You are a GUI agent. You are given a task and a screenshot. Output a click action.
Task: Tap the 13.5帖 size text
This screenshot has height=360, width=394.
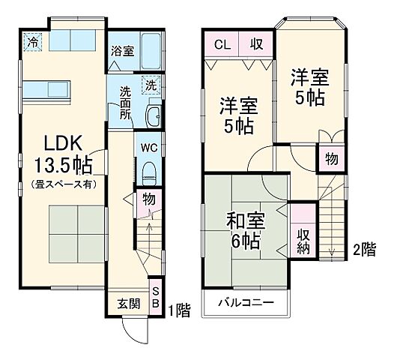tap(61, 163)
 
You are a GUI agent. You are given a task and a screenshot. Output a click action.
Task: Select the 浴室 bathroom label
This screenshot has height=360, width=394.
tap(123, 52)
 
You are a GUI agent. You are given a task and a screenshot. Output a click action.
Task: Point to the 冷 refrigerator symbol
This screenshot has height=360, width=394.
tap(31, 41)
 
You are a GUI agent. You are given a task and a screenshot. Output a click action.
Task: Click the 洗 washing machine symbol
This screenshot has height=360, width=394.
tap(152, 85)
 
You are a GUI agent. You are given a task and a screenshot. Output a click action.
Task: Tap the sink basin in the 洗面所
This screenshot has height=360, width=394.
tap(154, 115)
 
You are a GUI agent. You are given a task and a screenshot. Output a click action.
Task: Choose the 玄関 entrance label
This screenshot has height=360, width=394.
tap(127, 304)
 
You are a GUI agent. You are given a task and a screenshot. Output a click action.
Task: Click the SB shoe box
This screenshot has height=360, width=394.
tap(156, 298)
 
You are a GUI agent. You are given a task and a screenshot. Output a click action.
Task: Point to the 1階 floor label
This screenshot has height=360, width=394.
tap(179, 308)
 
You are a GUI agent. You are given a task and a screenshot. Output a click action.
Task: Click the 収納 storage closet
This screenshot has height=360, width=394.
tap(303, 241)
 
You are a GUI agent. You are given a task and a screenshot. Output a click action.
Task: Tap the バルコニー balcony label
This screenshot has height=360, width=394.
tap(245, 303)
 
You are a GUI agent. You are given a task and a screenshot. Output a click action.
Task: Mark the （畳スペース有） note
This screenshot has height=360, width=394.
tap(61, 183)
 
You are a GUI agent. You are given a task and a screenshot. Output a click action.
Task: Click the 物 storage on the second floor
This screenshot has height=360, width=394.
tap(330, 158)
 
